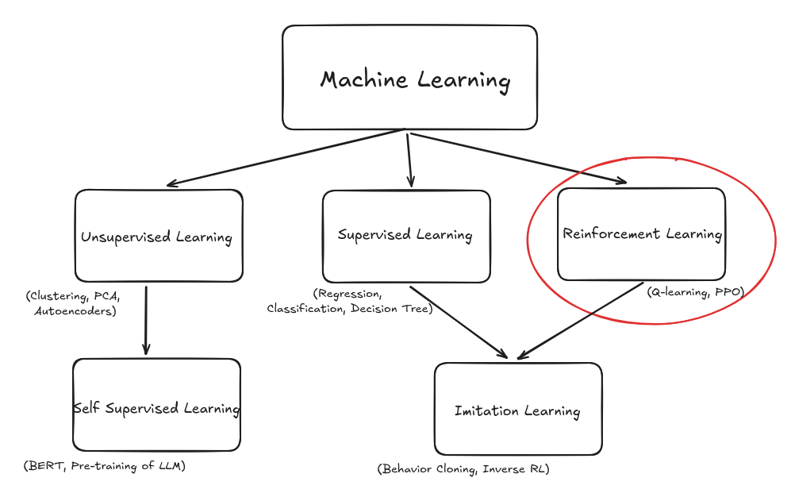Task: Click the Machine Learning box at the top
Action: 409,78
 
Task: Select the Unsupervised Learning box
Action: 158,236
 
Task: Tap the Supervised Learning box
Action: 405,235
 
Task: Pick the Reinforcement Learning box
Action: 641,234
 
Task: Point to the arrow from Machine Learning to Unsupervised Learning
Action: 286,158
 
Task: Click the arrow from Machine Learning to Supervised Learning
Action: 409,159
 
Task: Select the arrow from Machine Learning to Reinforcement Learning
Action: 516,158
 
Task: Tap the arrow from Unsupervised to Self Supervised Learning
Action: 146,318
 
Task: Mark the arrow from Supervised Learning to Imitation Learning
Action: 459,321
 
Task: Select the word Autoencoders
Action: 75,311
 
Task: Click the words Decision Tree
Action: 394,308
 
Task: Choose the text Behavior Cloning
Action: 429,469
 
